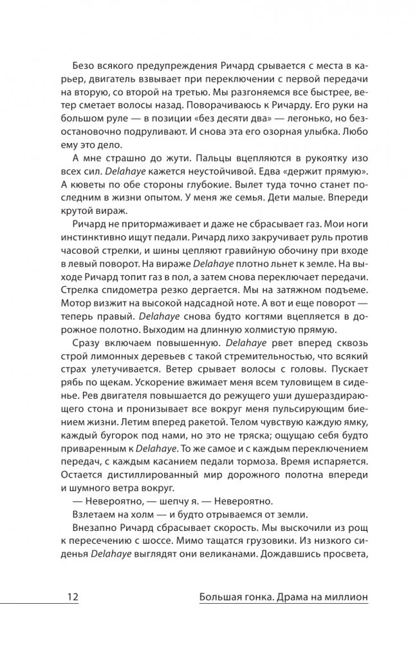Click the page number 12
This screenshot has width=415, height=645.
[x=71, y=597]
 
